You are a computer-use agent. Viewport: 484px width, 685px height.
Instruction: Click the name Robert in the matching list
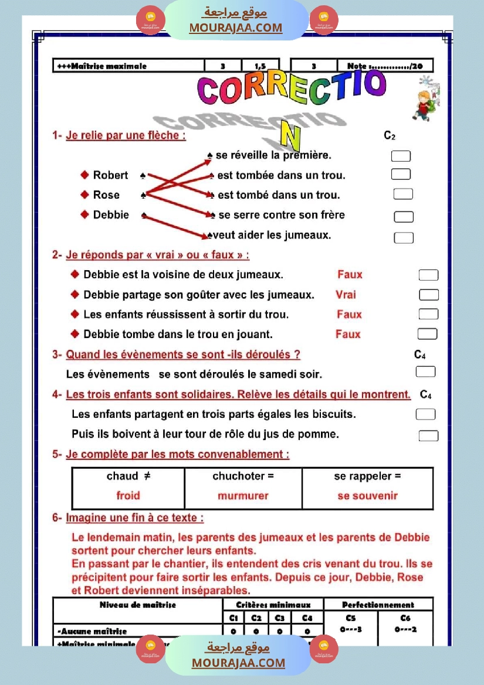tap(110, 175)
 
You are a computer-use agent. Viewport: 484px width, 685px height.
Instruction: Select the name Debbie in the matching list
tap(111, 215)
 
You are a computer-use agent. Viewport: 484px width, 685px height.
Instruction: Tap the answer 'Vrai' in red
tap(346, 295)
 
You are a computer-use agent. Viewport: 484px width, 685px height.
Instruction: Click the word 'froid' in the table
tap(128, 496)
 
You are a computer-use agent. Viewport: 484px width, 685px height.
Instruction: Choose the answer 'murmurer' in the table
tap(243, 496)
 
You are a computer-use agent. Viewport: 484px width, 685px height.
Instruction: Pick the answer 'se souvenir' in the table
tap(367, 496)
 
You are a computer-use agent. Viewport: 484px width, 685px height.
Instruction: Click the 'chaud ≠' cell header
tap(128, 476)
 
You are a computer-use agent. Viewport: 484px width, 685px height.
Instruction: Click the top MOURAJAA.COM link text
tap(235, 28)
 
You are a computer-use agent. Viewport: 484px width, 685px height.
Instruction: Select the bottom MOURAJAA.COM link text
tap(238, 663)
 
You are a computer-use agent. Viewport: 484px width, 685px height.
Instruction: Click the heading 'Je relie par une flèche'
tap(126, 135)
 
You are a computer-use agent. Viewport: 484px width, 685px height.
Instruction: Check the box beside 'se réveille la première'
tap(401, 156)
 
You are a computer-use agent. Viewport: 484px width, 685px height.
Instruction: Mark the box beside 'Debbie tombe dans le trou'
tap(427, 334)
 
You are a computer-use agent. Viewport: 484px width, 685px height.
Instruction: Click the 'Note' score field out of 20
tap(384, 66)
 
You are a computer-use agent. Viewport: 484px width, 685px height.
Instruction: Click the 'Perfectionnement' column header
tap(378, 604)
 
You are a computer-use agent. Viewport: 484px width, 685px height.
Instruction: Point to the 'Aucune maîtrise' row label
tap(92, 631)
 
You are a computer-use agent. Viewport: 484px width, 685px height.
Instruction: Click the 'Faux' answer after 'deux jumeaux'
tap(350, 275)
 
